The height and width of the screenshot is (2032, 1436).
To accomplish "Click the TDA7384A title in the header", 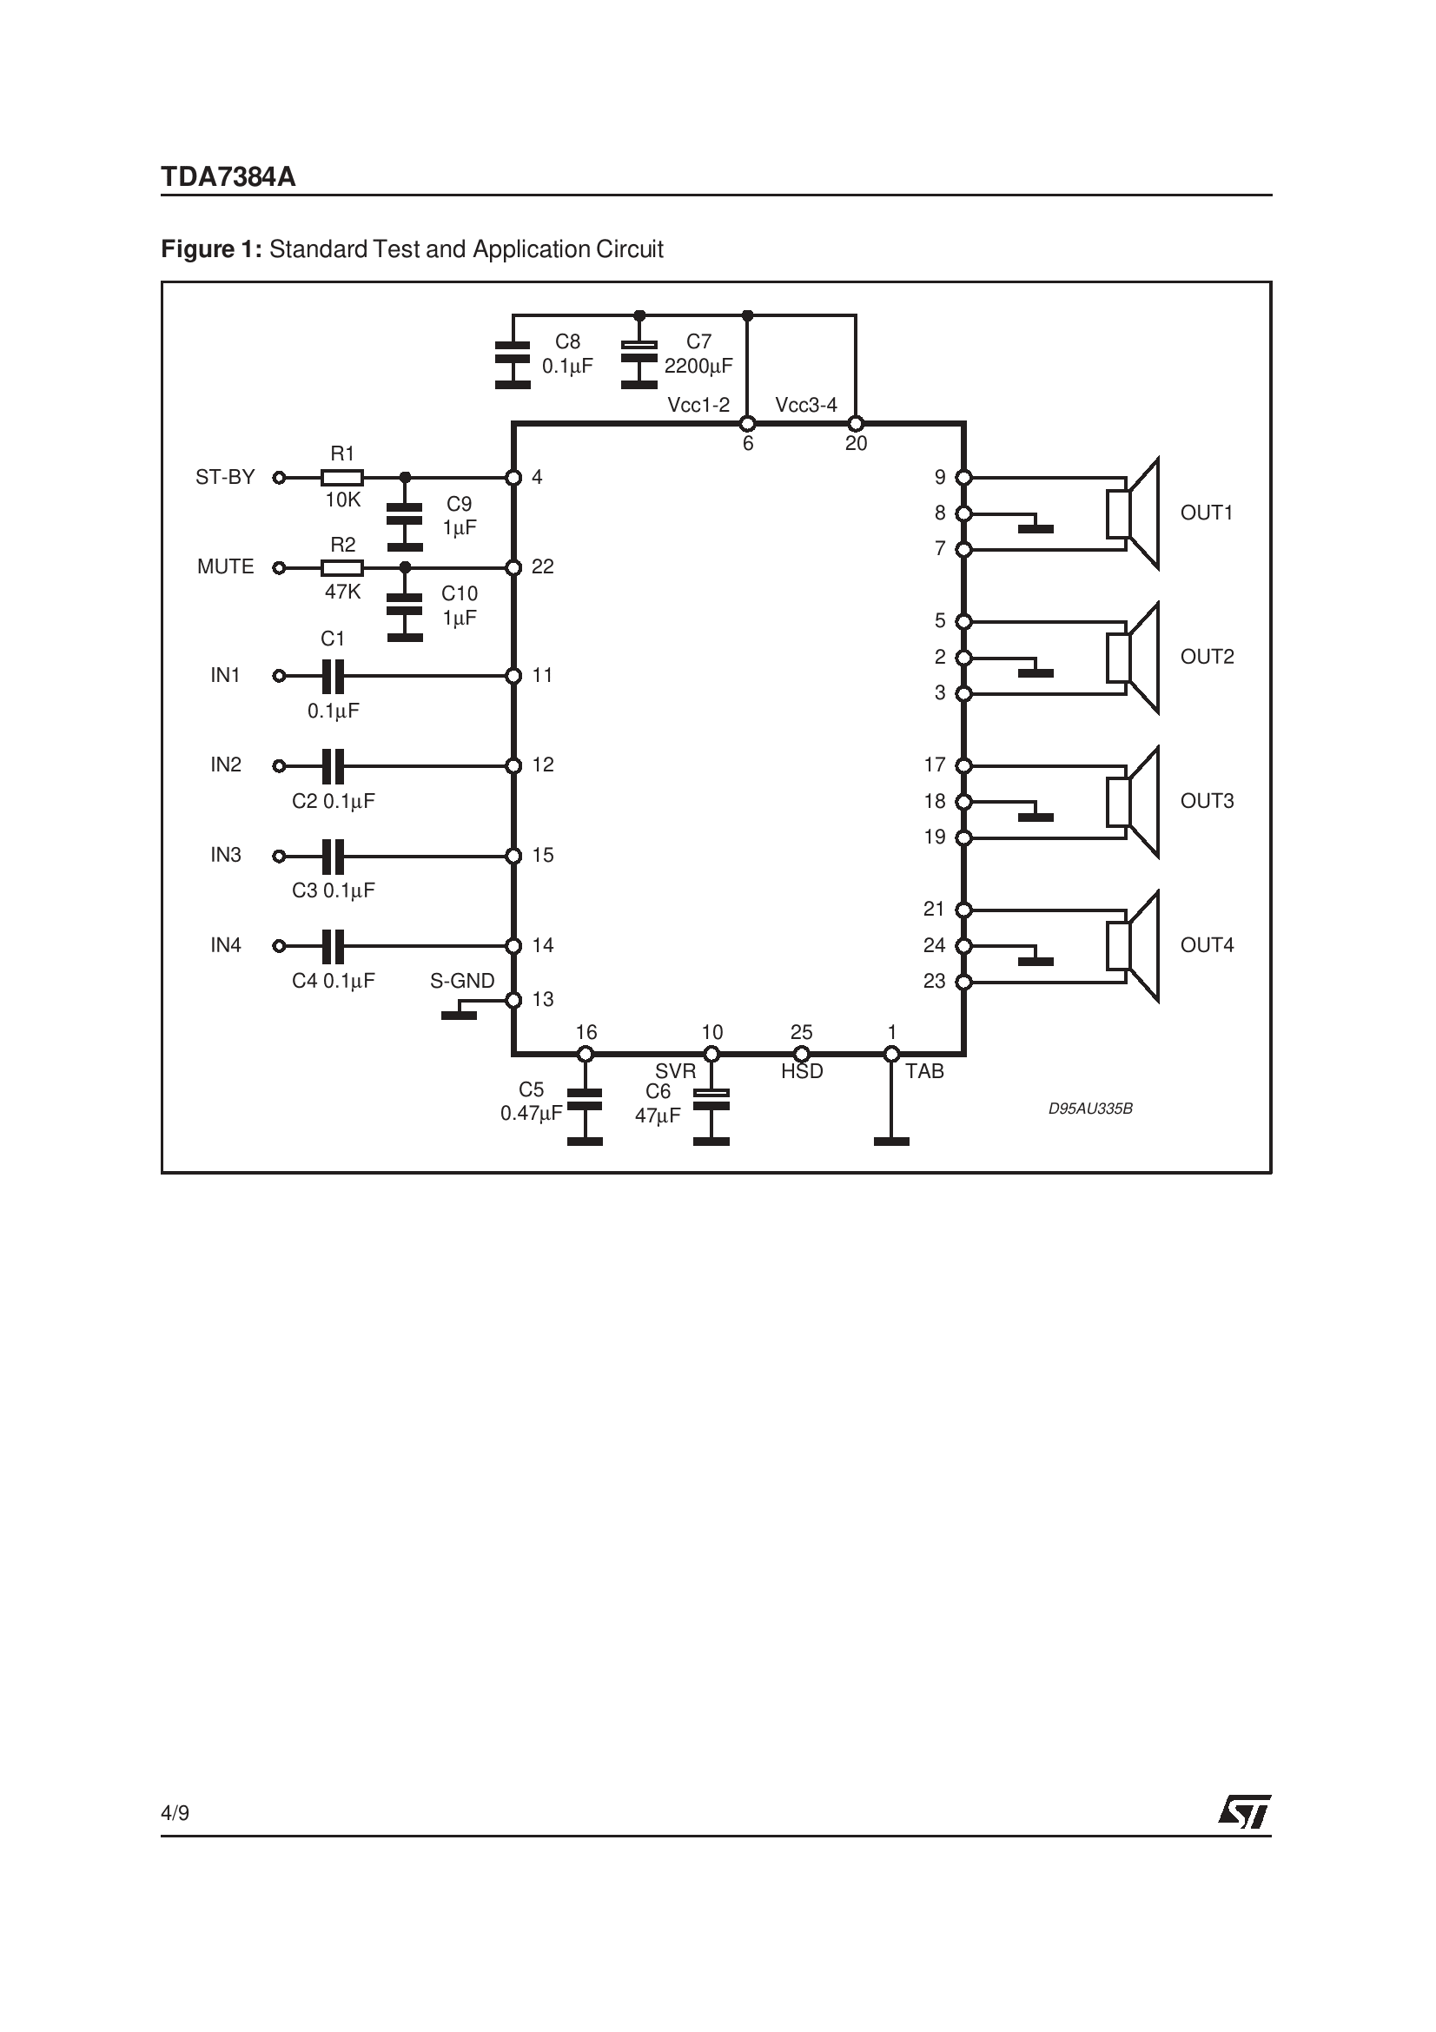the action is coord(228,177).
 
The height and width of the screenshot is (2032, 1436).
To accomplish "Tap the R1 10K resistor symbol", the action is coord(341,478).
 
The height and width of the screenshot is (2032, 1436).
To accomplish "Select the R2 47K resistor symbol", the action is coord(341,568).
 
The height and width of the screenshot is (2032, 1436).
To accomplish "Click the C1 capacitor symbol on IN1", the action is coord(333,676).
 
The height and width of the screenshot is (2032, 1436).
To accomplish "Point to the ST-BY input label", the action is coord(225,478).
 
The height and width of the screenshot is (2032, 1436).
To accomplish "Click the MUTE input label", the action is coord(226,567).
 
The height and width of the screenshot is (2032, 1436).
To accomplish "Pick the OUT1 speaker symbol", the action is coord(1134,513).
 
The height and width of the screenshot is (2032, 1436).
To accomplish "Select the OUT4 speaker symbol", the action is coord(1134,946).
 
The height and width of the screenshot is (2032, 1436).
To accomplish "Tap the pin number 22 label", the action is coord(543,567).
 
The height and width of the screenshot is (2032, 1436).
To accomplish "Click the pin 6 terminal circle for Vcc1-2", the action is coord(748,424).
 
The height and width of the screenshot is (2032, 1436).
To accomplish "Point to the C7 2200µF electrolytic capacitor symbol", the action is coord(639,364).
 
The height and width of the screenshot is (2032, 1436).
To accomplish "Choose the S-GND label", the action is coord(462,982).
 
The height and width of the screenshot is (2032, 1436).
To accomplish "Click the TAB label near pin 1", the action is coord(924,1072).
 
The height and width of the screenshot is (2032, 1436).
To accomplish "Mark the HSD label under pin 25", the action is coord(802,1072).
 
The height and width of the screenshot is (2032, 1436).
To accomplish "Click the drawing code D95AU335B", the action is coord(1090,1109).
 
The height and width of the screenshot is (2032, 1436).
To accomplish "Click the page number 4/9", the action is coord(175,1813).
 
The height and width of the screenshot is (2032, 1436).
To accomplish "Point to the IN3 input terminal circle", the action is coord(280,857).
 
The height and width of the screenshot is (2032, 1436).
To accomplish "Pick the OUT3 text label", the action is coord(1207,801).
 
